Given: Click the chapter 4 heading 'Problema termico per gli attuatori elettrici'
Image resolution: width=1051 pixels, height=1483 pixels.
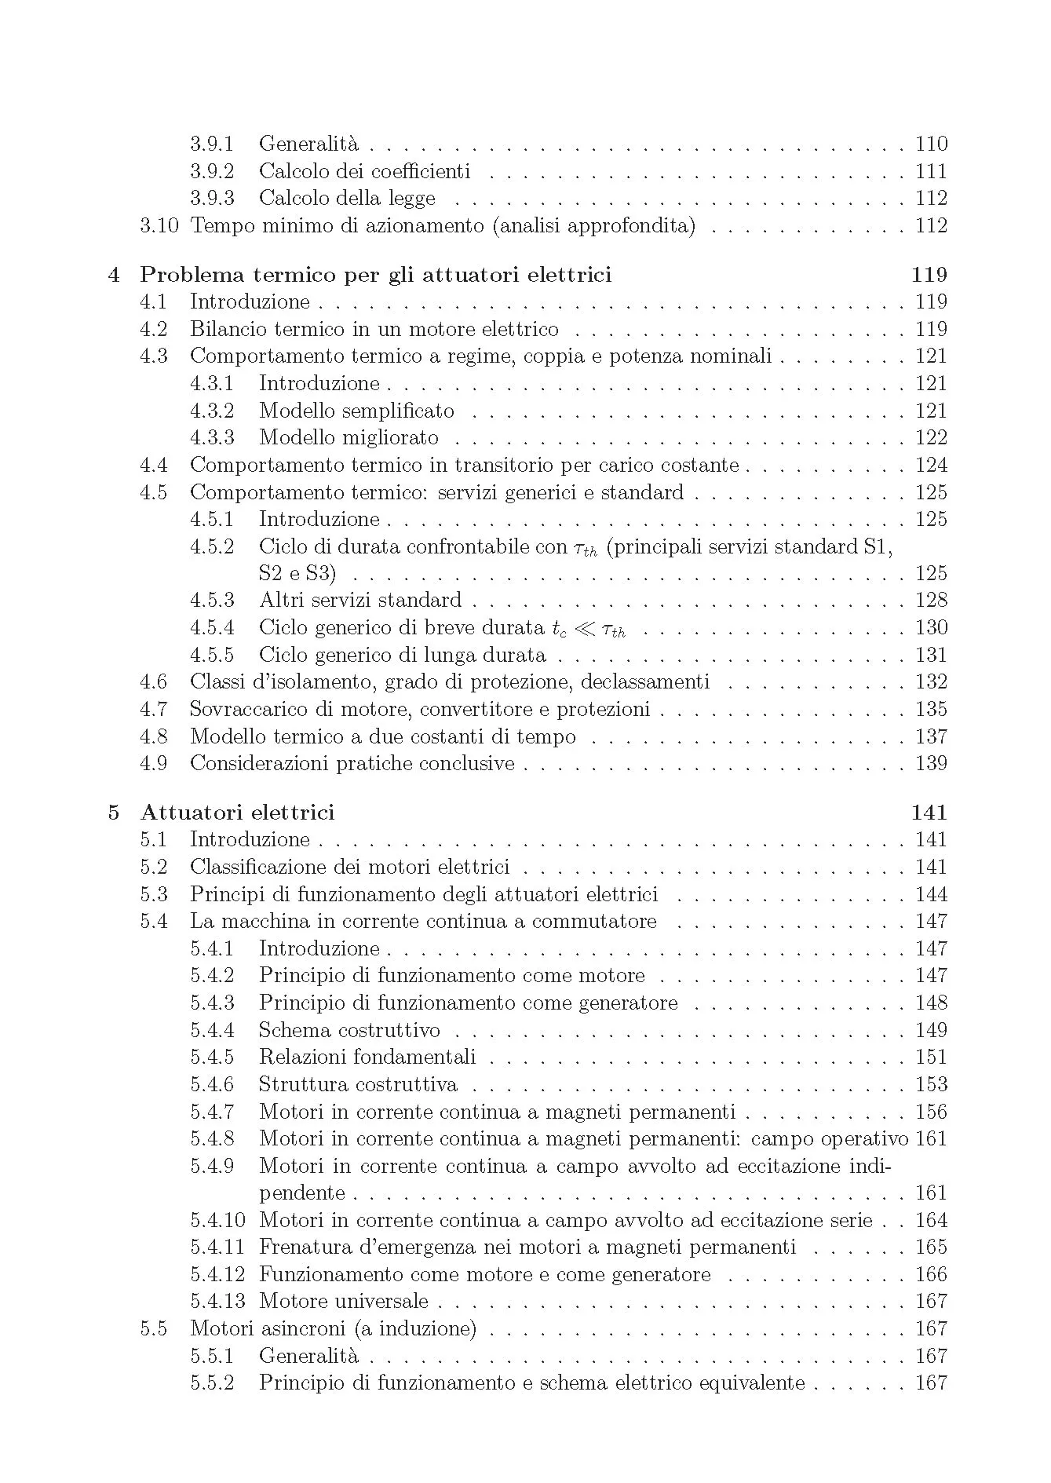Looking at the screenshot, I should [x=375, y=275].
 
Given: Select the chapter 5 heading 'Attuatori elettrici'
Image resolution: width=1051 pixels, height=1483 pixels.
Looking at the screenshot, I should [x=237, y=813].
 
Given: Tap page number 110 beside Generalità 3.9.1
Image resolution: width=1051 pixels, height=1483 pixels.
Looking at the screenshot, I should [x=931, y=144].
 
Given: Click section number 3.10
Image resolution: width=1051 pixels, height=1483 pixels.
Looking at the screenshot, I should [x=159, y=226].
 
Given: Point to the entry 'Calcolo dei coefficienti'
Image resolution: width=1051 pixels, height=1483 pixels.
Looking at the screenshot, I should [x=364, y=171].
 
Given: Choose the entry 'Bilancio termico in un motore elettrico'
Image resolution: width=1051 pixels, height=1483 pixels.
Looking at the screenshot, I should [x=374, y=329].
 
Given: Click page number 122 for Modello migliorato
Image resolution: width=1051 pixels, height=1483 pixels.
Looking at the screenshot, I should [x=931, y=437].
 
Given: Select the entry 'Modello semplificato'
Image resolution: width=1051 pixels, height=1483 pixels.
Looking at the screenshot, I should [x=356, y=411].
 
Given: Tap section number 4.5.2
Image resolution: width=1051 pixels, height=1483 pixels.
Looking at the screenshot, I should [x=212, y=546].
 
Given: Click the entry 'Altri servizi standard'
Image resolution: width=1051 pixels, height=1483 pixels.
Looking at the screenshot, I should [x=360, y=601].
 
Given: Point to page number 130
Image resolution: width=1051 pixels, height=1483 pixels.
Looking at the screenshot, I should [x=931, y=627].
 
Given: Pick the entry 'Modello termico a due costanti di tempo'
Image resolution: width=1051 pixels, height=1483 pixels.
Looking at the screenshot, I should [x=383, y=736].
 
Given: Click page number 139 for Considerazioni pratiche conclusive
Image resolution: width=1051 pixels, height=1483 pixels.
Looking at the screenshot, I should [x=931, y=763].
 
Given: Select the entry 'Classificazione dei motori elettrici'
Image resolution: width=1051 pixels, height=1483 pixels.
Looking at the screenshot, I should [x=349, y=867].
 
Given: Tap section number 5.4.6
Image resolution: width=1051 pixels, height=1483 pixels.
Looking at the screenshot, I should [x=212, y=1084].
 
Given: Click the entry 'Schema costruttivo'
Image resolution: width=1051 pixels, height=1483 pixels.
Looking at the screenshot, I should [x=349, y=1030].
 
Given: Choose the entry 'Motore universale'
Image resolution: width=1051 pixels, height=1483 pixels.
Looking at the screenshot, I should [x=344, y=1301].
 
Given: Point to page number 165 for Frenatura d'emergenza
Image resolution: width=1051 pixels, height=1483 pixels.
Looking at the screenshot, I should [x=931, y=1247].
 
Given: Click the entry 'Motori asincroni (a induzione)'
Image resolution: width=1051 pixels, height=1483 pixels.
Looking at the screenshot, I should [x=333, y=1328].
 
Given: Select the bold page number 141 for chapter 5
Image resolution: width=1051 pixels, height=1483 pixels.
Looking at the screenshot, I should [x=929, y=813].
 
